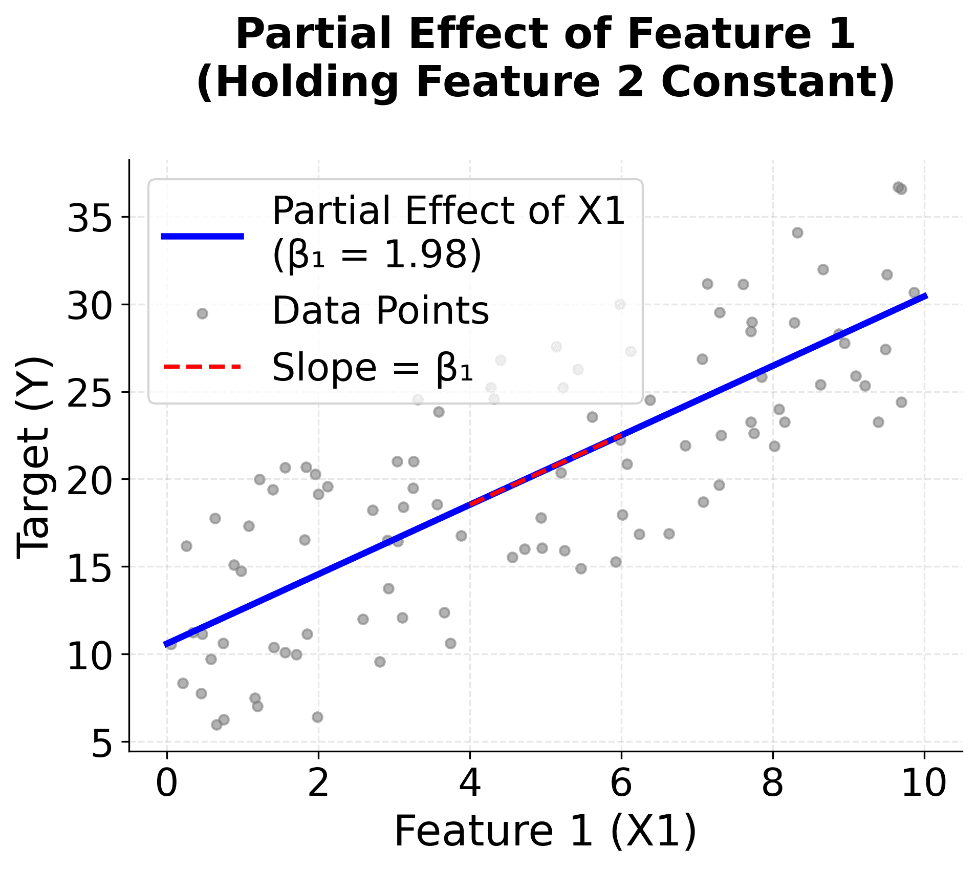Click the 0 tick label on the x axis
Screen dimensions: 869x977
[167, 783]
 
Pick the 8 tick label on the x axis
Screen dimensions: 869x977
[773, 783]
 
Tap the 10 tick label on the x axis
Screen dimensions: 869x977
[924, 783]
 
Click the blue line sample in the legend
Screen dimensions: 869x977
[203, 236]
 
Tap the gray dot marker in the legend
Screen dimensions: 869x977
[203, 313]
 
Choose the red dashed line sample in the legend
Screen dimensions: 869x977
[203, 367]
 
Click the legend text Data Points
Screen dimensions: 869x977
[380, 311]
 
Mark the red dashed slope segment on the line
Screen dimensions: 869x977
[546, 469]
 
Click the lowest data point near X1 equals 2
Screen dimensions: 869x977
[317, 717]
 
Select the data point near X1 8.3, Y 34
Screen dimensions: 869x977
[797, 233]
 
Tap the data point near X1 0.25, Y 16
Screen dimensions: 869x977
[186, 546]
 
